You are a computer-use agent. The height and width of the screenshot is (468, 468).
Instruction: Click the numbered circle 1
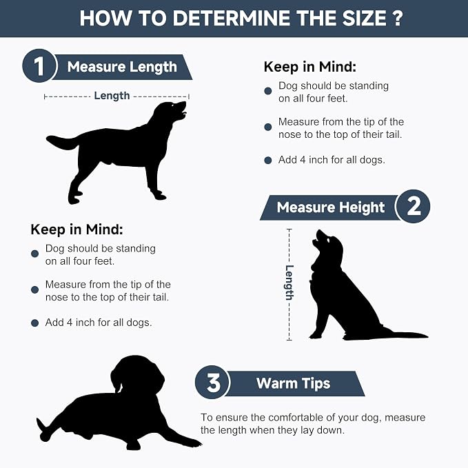click(x=39, y=66)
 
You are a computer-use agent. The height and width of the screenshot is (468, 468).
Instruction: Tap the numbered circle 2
click(x=414, y=206)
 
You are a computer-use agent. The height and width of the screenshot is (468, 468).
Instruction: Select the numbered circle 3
click(x=212, y=383)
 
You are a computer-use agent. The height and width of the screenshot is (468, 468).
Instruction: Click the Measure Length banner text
click(x=122, y=67)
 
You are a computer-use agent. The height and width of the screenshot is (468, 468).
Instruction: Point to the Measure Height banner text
click(x=330, y=207)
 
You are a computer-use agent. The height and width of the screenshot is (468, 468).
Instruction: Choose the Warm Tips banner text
click(x=293, y=383)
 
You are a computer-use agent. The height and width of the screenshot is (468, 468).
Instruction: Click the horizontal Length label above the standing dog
click(x=112, y=96)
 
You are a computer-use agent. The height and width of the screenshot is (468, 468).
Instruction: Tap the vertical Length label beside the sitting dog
click(x=289, y=283)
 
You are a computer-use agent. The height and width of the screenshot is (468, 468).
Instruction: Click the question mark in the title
click(x=397, y=18)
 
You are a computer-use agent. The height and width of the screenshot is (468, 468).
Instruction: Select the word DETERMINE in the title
click(x=232, y=18)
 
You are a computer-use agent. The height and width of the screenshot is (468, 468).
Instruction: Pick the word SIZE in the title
click(x=364, y=18)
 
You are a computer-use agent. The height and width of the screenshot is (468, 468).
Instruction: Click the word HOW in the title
click(x=105, y=18)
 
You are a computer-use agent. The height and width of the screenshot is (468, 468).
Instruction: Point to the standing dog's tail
click(x=62, y=142)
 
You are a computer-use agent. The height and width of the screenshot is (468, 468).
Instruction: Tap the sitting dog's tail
click(x=405, y=334)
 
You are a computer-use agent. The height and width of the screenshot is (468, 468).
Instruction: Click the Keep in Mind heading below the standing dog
click(x=77, y=230)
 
